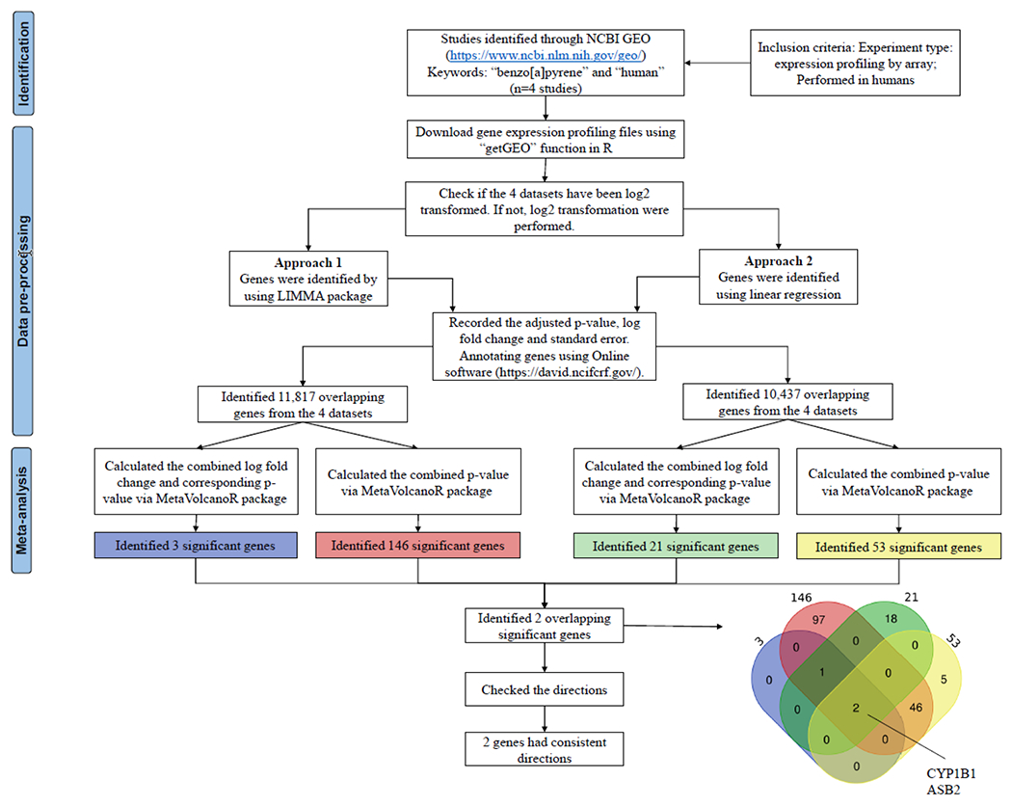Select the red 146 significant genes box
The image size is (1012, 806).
417,546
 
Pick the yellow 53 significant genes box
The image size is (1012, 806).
898,547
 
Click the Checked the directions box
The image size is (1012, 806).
546,690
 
